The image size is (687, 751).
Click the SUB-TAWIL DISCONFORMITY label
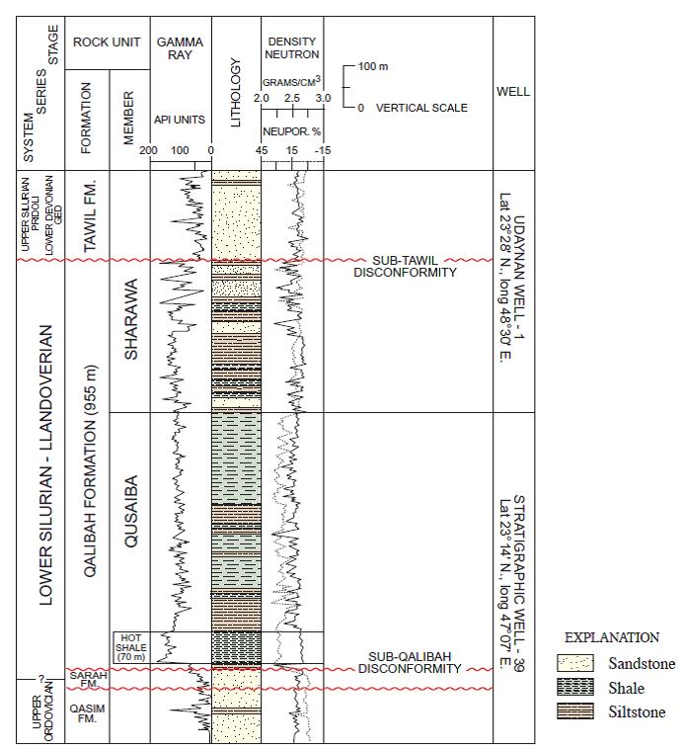(405, 266)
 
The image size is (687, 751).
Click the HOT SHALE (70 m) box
(130, 646)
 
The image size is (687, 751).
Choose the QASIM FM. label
(87, 713)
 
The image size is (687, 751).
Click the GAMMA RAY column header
(180, 48)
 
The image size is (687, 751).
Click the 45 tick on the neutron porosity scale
(262, 150)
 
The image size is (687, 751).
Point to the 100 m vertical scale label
(373, 67)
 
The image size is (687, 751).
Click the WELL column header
(513, 92)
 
